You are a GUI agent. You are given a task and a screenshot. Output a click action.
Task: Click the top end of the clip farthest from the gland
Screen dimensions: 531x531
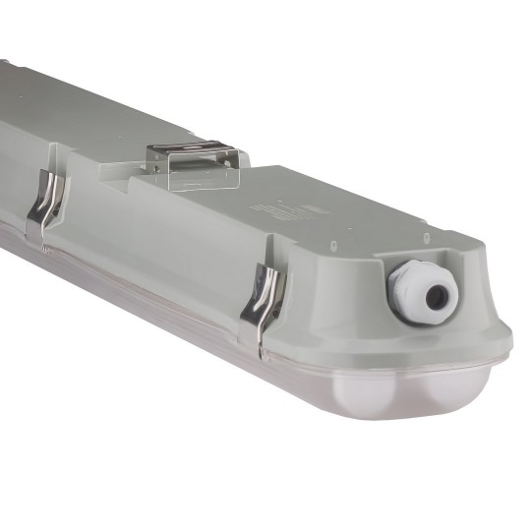click(49, 178)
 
